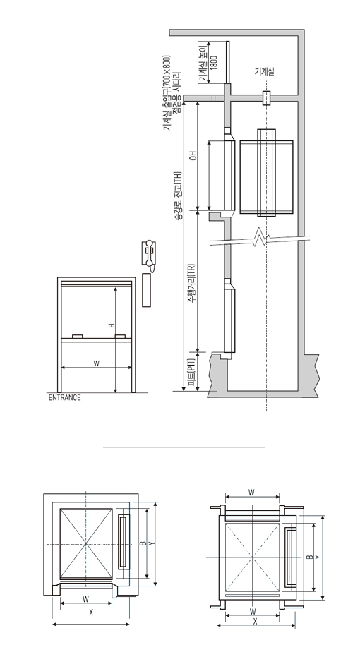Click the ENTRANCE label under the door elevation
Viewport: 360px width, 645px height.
[x=65, y=398]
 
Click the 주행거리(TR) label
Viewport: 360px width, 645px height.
[x=191, y=284]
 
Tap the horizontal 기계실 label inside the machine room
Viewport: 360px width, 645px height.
[x=264, y=72]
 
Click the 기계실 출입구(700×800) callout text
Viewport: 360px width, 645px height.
[x=167, y=92]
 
